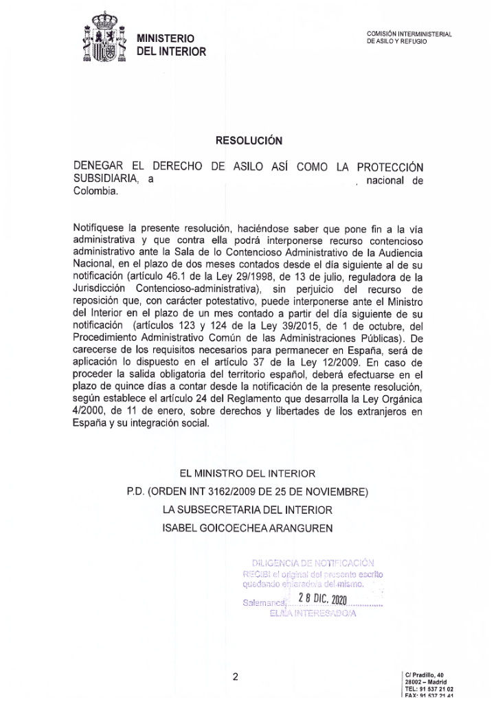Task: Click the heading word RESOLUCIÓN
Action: point(249,139)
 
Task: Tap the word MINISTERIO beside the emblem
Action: point(166,38)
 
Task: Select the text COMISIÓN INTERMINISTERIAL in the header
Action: point(409,34)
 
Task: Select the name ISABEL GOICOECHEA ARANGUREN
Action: point(247,528)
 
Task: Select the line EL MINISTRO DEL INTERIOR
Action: point(247,474)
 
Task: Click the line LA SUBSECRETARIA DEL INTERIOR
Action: point(247,510)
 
